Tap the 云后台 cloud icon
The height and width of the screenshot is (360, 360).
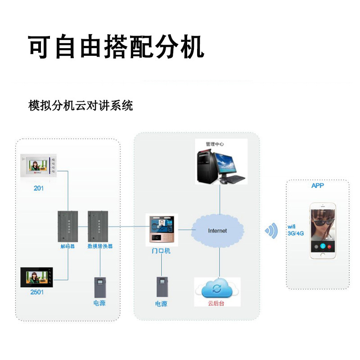click(217, 288)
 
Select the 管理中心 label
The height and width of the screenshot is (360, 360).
click(215, 144)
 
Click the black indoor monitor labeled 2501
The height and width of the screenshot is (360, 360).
click(36, 278)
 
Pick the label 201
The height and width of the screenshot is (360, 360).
click(39, 188)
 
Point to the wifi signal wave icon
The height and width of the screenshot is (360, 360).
click(271, 231)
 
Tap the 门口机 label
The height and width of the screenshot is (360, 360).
click(161, 251)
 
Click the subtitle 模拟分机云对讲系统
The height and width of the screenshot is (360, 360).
click(81, 106)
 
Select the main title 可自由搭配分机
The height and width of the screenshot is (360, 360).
click(117, 46)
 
